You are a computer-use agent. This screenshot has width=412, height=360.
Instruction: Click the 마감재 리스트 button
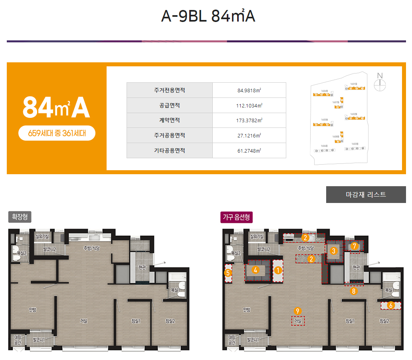click(366, 195)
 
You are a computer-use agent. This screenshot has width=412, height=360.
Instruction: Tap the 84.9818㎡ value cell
click(249, 90)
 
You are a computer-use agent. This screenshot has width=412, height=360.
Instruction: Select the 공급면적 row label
click(169, 105)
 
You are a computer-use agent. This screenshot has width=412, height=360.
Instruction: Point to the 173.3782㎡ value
click(249, 120)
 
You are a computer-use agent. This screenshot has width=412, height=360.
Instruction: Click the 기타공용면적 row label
click(169, 151)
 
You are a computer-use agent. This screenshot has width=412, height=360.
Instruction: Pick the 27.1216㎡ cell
click(249, 136)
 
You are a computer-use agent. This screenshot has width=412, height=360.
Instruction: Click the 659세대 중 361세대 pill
click(57, 133)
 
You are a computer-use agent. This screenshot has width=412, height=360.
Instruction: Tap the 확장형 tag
click(20, 217)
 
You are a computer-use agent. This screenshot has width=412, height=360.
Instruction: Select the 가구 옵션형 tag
click(236, 217)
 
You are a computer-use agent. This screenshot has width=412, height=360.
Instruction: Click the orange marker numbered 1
click(278, 270)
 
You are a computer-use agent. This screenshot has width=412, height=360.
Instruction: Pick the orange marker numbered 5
click(228, 273)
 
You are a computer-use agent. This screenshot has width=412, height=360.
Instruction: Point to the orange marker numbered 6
click(391, 305)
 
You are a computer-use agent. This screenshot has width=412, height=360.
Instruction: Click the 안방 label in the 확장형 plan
click(33, 309)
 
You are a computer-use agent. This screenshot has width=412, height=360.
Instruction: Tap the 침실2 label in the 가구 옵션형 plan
click(384, 320)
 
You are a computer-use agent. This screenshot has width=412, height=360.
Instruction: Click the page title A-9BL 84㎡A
click(208, 16)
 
